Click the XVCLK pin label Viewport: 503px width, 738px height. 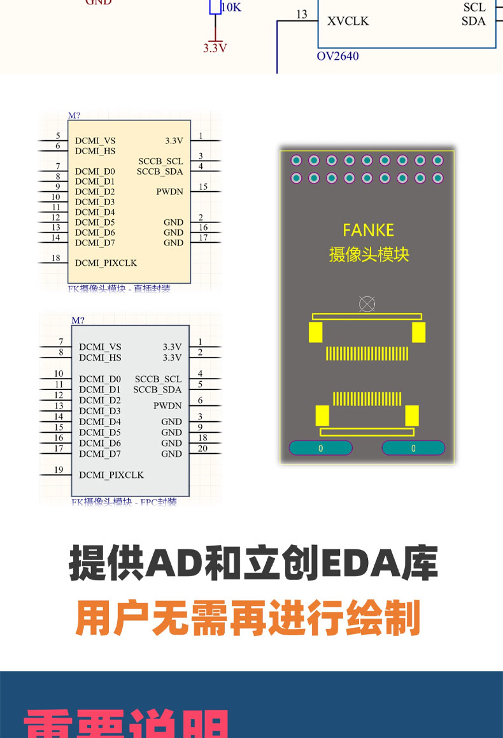pos(348,21)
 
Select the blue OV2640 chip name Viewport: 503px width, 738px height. pos(337,56)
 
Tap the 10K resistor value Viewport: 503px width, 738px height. pos(230,8)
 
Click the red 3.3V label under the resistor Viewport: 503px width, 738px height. pos(215,48)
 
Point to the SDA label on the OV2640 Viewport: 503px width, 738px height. pos(474,21)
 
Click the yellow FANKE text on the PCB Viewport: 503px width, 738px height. pos(368,230)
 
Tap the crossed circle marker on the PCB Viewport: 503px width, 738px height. pos(367,304)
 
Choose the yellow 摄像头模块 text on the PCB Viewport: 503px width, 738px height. pos(369,254)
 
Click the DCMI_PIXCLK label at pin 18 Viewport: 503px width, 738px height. pos(106,263)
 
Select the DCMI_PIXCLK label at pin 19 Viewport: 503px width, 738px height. pos(111,475)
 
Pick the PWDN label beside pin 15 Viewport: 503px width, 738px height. pos(169,192)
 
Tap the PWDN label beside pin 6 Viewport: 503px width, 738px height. pos(167,406)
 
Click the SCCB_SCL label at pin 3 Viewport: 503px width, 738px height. pos(160,161)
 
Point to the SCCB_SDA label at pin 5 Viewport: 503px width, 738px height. pos(157,389)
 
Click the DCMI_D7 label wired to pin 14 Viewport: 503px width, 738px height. pos(95,243)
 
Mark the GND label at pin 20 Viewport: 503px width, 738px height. pos(171,454)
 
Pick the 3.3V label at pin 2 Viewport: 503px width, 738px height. pos(172,358)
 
